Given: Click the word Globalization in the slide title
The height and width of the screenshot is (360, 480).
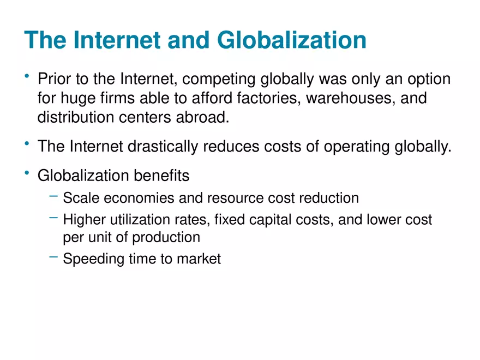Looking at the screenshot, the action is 291,40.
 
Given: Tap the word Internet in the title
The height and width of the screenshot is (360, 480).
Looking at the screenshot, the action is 117,40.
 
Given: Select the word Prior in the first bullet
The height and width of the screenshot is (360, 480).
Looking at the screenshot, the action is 54,79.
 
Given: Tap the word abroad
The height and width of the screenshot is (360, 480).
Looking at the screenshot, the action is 203,117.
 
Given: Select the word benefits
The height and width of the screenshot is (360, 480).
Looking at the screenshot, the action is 161,176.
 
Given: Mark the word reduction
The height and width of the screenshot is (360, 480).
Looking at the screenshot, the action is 329,198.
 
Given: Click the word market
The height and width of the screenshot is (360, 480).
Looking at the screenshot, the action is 199,259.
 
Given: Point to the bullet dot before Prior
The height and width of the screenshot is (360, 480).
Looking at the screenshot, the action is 27,76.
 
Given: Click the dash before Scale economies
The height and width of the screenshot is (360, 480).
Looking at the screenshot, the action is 53,196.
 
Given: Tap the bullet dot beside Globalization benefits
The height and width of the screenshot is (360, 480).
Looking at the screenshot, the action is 27,173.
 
